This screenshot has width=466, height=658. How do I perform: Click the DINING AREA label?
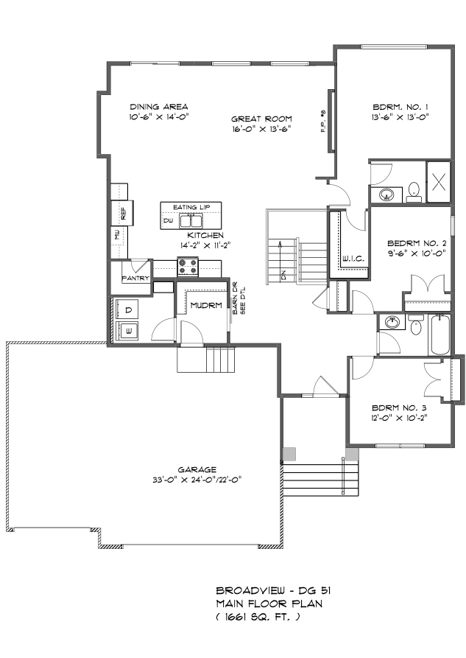click(158, 107)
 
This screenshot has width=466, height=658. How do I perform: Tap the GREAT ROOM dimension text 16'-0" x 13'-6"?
click(261, 129)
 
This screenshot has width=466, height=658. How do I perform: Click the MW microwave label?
click(117, 234)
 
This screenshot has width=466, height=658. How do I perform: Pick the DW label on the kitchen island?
click(168, 220)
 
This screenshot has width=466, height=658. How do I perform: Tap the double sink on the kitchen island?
click(191, 220)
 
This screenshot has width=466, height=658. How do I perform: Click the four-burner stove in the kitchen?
click(188, 267)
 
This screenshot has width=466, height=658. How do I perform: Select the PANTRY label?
click(135, 279)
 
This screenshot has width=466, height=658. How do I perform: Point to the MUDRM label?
click(206, 306)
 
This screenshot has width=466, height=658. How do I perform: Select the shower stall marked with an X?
click(438, 182)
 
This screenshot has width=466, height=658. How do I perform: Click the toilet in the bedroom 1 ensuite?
click(414, 191)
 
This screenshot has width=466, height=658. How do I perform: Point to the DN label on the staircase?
click(284, 276)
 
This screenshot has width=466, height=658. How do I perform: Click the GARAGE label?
click(197, 470)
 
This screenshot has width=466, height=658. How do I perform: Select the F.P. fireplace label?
click(323, 122)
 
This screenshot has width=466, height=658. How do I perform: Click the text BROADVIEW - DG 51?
click(273, 591)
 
